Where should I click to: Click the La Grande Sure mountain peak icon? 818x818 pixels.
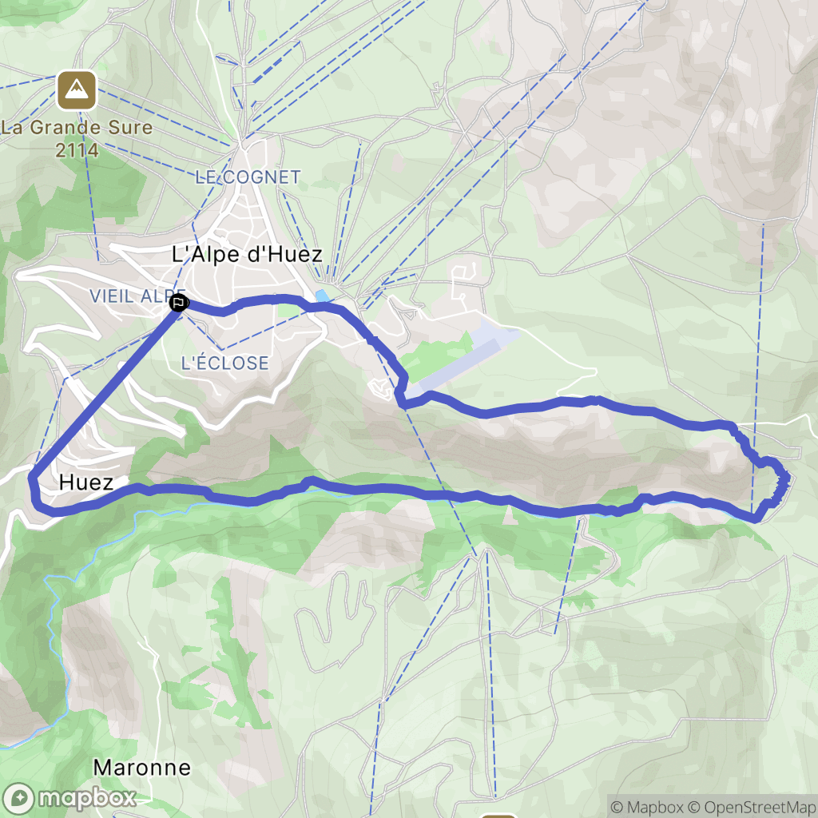(x=77, y=90)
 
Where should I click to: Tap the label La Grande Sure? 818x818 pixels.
(x=77, y=127)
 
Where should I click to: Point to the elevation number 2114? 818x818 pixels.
(x=77, y=149)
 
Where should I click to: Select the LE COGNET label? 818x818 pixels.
(x=248, y=177)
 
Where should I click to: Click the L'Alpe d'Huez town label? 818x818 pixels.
(x=248, y=255)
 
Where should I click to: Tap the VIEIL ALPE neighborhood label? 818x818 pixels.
(x=136, y=296)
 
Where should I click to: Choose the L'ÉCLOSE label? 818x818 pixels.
(x=224, y=363)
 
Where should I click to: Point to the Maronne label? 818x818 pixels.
(x=142, y=768)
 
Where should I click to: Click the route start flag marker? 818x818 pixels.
(x=179, y=303)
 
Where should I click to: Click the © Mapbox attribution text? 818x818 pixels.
(x=645, y=807)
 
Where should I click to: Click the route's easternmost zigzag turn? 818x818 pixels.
(x=786, y=479)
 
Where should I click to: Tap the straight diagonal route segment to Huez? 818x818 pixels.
(x=104, y=391)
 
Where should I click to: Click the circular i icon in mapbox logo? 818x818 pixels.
(x=19, y=797)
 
